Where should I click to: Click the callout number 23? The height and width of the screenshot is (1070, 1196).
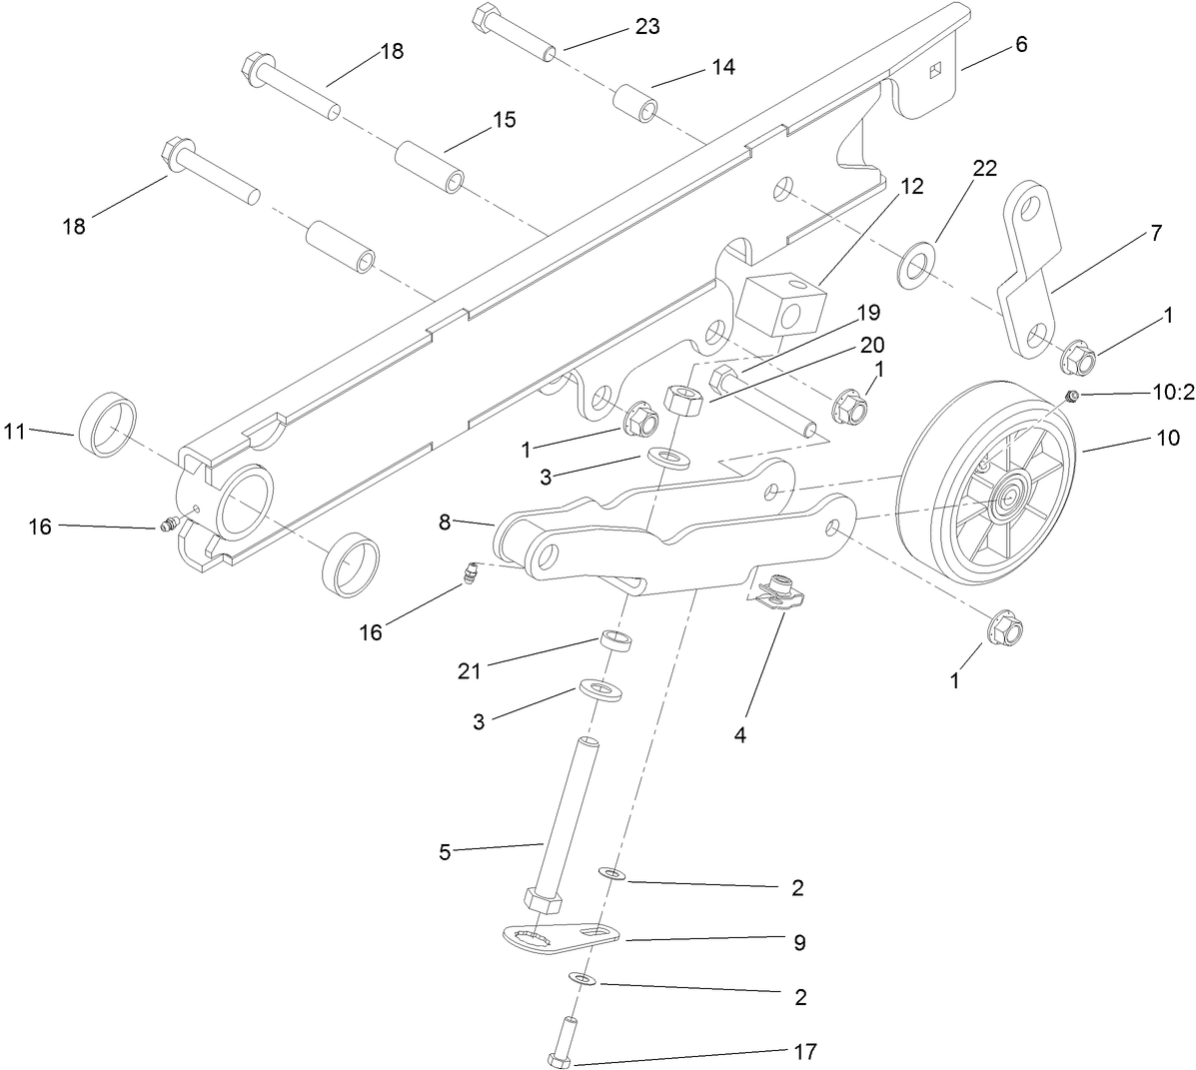tap(646, 27)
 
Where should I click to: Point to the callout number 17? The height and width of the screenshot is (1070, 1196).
tap(805, 1051)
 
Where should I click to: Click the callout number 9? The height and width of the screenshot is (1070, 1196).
tap(798, 942)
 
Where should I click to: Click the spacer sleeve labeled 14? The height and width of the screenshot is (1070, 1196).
tap(635, 104)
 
